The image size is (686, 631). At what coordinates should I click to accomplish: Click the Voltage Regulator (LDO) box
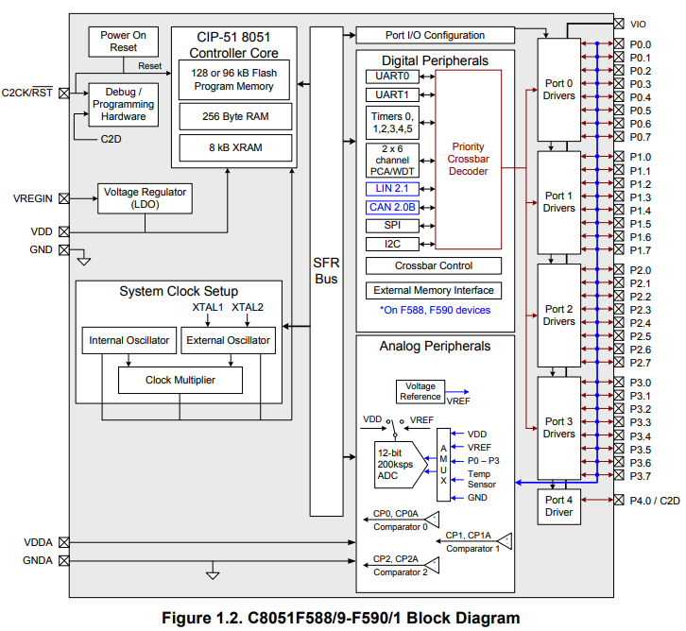146,198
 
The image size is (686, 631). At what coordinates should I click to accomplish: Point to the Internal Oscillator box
129,340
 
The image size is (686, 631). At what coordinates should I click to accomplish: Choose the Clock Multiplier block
180,380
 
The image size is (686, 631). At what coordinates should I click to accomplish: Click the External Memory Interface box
434,290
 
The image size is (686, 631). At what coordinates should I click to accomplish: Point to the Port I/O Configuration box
436,35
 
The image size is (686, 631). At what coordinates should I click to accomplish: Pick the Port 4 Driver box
558,505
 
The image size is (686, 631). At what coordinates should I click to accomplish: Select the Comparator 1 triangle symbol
506,540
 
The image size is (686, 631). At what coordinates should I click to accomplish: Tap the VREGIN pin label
33,198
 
